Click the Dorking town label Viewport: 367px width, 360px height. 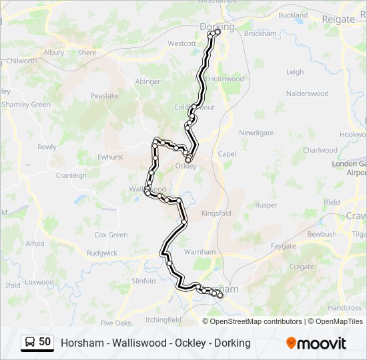(x=217, y=27)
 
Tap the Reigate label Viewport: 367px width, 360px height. (x=338, y=19)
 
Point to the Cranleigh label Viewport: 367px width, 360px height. (x=71, y=176)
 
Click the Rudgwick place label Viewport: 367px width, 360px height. (x=101, y=253)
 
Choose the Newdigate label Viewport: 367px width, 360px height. (x=257, y=133)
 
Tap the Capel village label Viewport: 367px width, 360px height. (x=227, y=154)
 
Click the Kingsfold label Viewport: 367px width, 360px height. (x=216, y=214)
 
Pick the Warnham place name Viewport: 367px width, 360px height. (x=200, y=252)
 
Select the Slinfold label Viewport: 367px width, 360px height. (x=143, y=281)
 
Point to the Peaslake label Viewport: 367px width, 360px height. (x=104, y=96)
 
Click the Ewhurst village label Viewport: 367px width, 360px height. (x=111, y=157)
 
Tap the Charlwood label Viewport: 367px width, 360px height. (x=320, y=151)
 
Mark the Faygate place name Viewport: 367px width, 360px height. (x=283, y=246)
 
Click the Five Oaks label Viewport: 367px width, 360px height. (x=115, y=323)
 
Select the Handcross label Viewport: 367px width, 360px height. (x=345, y=308)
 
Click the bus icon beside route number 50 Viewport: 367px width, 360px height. (x=30, y=343)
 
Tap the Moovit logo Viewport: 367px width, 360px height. (x=316, y=343)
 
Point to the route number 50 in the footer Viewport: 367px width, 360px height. (x=45, y=342)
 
